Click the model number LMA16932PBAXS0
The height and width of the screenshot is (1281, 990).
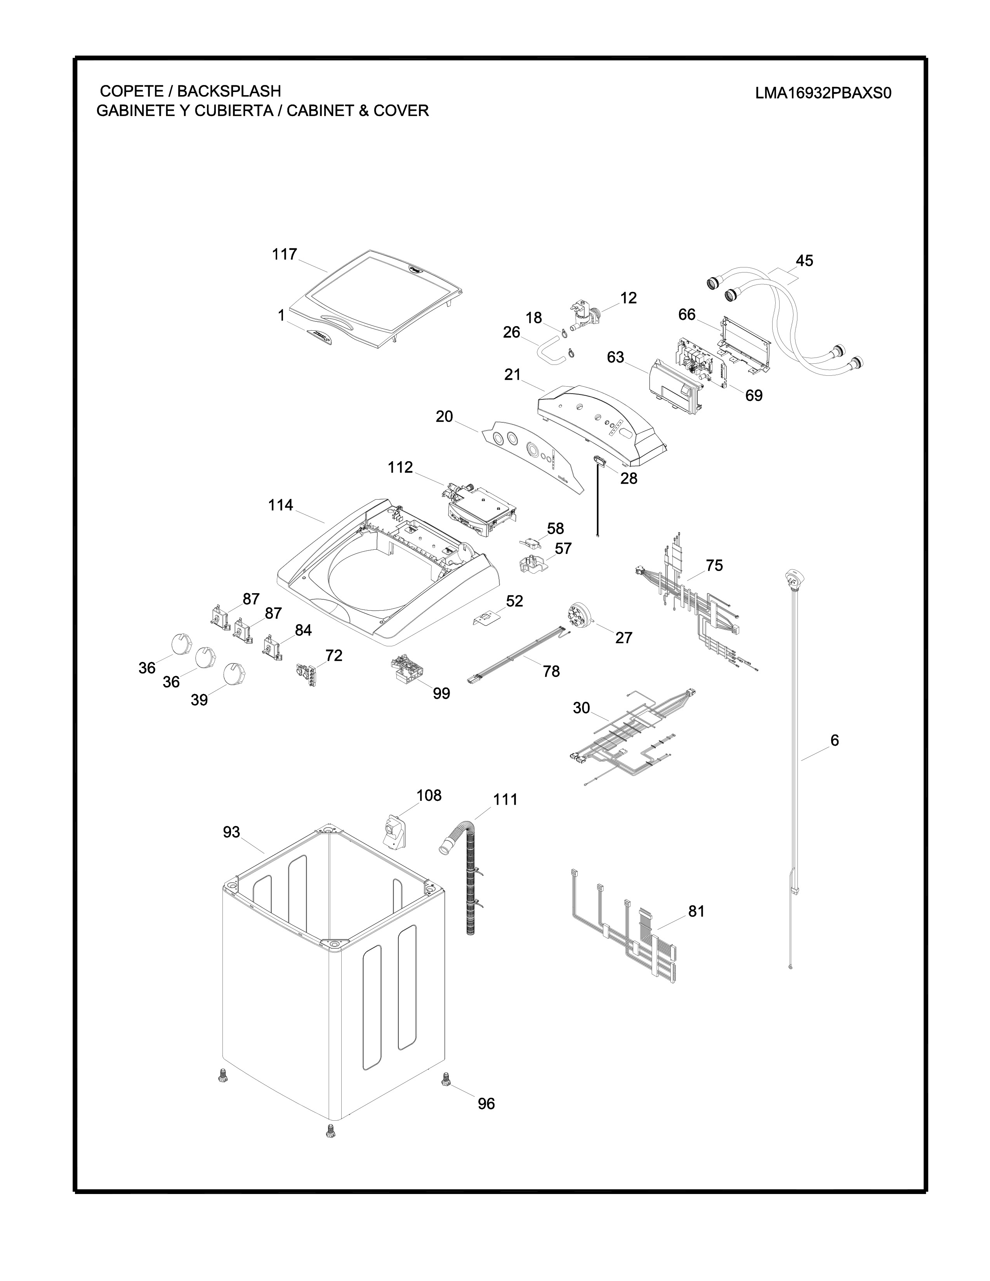[823, 94]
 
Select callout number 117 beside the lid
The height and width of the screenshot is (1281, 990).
[285, 255]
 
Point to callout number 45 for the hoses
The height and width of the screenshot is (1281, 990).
[804, 260]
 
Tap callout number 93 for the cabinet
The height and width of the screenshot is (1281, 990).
[232, 832]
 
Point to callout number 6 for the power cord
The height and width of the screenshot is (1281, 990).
[834, 740]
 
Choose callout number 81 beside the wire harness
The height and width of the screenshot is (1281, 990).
[696, 911]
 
